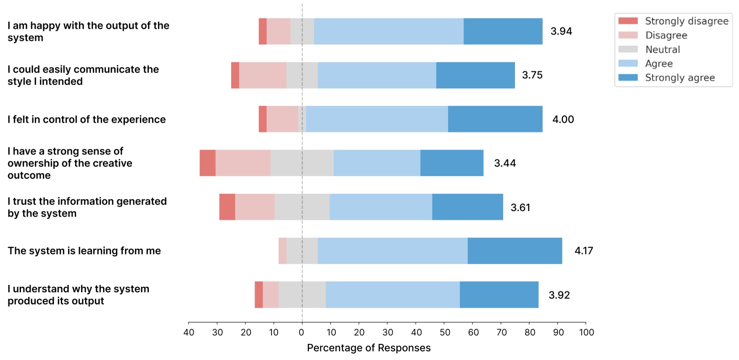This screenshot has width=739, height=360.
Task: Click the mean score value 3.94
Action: click(x=561, y=32)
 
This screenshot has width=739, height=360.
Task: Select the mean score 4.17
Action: click(x=583, y=251)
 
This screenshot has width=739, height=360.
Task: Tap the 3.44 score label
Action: click(x=505, y=163)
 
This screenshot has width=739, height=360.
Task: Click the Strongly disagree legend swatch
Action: click(x=628, y=21)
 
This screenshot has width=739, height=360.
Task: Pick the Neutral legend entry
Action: click(x=662, y=50)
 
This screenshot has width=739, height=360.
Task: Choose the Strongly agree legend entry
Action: click(x=680, y=78)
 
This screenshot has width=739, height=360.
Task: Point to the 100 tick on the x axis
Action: click(x=586, y=333)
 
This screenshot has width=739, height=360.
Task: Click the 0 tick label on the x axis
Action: click(x=301, y=333)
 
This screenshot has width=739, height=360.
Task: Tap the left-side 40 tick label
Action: click(x=189, y=333)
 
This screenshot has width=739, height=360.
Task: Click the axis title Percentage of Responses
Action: click(x=369, y=348)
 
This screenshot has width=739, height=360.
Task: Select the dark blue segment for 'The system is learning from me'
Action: click(x=515, y=251)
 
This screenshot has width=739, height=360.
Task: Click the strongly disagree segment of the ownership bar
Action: click(x=208, y=163)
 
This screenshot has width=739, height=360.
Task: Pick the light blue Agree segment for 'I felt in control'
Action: click(x=377, y=119)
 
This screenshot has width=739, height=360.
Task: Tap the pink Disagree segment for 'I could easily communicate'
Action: click(x=263, y=76)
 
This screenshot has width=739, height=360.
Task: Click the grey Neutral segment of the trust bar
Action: click(x=302, y=207)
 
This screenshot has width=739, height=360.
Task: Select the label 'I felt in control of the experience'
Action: click(x=87, y=119)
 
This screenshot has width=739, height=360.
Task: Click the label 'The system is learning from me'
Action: click(x=84, y=251)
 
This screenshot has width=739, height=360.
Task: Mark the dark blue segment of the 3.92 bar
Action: click(x=499, y=295)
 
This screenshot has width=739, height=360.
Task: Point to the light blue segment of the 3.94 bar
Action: click(x=388, y=32)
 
